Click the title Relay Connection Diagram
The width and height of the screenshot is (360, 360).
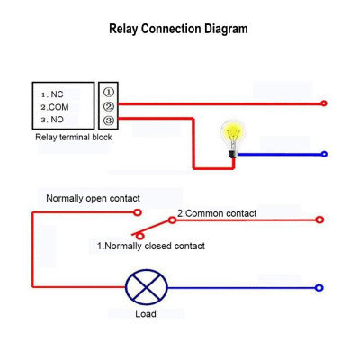pos(178,29)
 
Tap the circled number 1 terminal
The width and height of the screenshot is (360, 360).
pos(109,92)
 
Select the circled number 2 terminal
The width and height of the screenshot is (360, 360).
pos(109,106)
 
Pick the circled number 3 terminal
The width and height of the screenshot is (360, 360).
pos(109,121)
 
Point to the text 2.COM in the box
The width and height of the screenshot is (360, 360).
pos(54,106)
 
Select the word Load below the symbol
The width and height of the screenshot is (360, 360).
pos(145,314)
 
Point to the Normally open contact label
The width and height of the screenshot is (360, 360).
pos(93,198)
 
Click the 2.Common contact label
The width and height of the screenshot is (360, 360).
pos(216,213)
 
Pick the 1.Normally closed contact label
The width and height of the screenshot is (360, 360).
pos(151,246)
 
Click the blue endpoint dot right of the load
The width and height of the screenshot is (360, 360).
pos(319,288)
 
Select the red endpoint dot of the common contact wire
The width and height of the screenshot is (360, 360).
pos(319,219)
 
